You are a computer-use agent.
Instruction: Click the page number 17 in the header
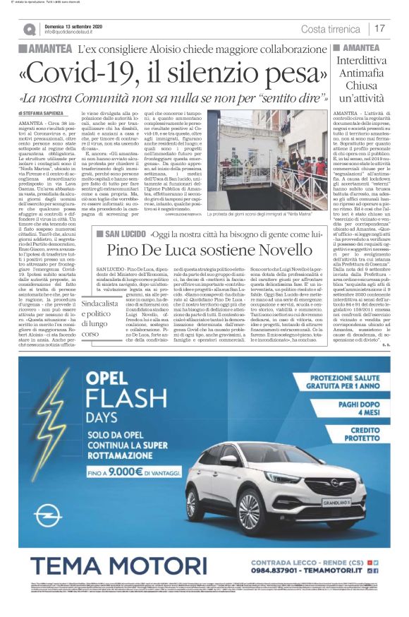(x=380, y=28)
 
